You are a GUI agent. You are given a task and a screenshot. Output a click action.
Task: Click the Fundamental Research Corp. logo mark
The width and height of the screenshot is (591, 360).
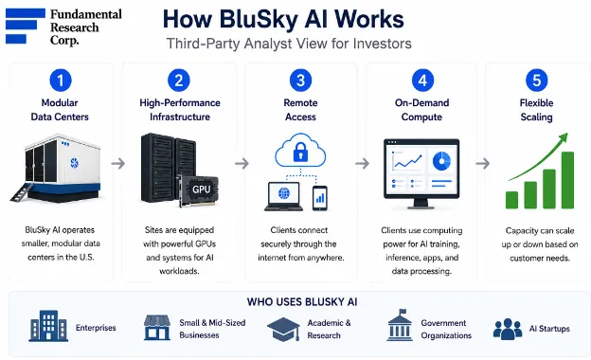[x=26, y=26]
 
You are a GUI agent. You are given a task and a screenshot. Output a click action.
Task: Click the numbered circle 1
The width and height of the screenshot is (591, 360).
[x=61, y=80]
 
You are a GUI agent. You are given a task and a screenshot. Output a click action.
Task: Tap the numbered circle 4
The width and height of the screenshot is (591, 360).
[x=422, y=80]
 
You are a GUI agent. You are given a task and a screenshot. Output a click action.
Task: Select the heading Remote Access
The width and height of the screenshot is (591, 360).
[x=300, y=110]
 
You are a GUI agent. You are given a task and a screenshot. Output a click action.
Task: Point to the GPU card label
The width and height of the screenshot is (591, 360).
[x=202, y=189]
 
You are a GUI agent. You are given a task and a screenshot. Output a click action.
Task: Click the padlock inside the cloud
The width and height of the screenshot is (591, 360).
[x=300, y=153]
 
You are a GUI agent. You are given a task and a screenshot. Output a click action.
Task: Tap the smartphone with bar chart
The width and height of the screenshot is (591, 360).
[x=320, y=198]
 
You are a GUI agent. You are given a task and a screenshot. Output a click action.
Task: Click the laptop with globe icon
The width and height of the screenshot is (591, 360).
[x=284, y=196]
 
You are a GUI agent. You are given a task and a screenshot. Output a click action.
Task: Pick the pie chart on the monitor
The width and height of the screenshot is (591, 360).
[x=441, y=161]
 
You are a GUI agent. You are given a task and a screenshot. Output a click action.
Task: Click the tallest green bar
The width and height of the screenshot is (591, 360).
[x=567, y=180]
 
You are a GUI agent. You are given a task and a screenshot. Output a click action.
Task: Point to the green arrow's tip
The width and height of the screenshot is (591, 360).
[x=566, y=135]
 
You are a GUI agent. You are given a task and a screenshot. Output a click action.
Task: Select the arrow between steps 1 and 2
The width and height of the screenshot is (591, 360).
[x=118, y=163]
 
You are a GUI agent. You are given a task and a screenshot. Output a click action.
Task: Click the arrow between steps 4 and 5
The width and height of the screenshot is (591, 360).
[x=482, y=163]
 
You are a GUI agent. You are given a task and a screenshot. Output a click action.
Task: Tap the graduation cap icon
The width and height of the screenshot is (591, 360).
[x=283, y=329]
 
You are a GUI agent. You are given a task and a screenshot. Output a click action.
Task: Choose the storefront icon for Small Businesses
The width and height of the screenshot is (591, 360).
[x=157, y=328]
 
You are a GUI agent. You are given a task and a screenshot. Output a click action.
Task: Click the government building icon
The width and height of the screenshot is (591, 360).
[x=400, y=325]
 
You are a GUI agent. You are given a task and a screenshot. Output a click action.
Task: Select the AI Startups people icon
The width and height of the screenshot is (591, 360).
[x=508, y=329]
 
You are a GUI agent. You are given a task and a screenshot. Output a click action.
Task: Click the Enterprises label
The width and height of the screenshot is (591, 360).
[x=96, y=328]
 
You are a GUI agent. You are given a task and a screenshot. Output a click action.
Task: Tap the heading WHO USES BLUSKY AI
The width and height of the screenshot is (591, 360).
[x=302, y=302]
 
